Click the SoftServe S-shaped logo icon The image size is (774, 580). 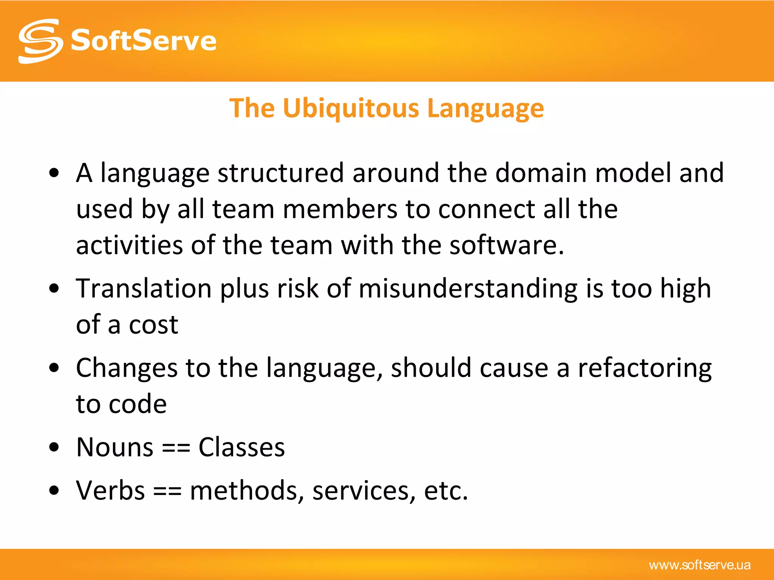(40, 41)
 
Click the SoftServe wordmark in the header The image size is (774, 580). (144, 41)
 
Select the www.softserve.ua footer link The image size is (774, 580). (700, 565)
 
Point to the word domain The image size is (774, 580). (541, 173)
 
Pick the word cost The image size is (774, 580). (153, 325)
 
